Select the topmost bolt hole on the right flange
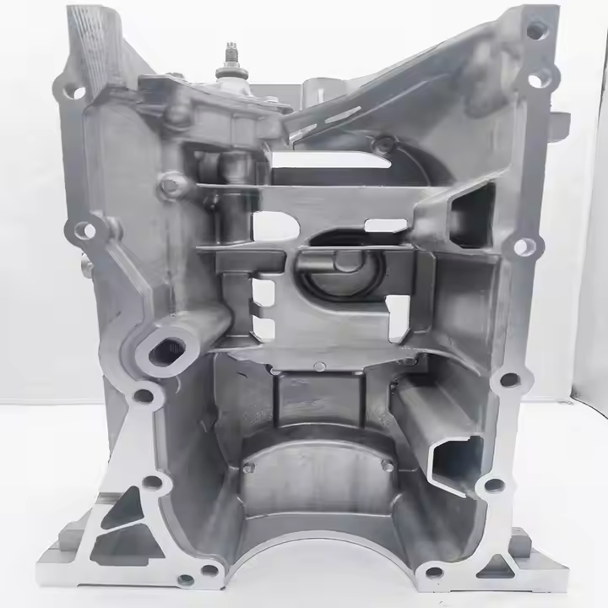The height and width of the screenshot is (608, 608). [535, 30]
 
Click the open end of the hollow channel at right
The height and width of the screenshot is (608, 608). [454, 459]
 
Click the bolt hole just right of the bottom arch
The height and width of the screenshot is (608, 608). [432, 573]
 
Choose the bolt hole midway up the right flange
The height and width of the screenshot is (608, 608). [524, 247]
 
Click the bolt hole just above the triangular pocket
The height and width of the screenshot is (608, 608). [152, 483]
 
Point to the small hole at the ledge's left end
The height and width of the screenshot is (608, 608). [248, 466]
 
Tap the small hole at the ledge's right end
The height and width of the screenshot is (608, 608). [387, 465]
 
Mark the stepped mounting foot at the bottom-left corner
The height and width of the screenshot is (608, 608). [63, 549]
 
